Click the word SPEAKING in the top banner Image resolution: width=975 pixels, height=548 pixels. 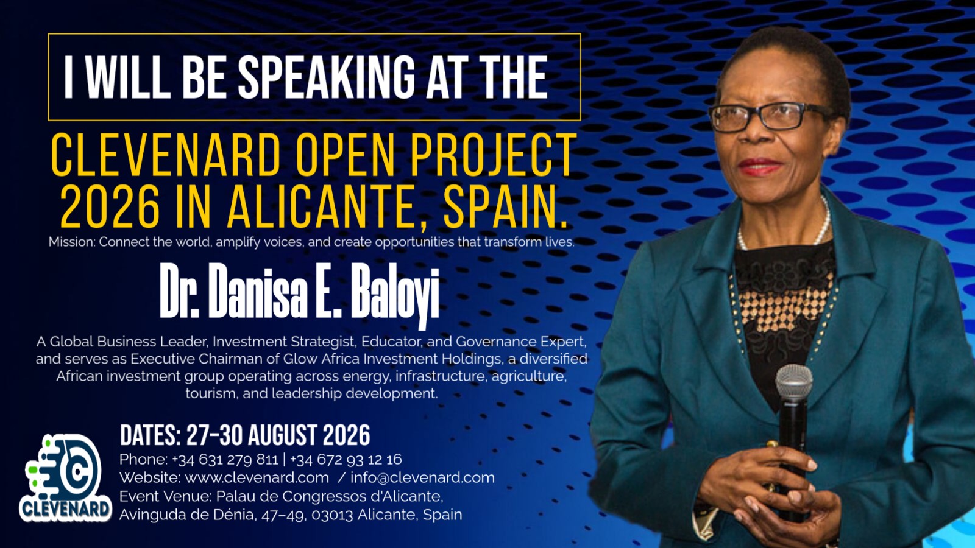tap(326, 77)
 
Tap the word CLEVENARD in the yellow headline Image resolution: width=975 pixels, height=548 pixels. tap(165, 155)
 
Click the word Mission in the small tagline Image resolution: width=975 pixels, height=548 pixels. tap(71, 242)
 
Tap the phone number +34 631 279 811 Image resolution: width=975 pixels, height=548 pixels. tap(225, 459)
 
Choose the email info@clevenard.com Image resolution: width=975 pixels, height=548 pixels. tap(422, 477)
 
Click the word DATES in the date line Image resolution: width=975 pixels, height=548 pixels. tap(149, 436)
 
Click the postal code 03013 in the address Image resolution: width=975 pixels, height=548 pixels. tap(332, 515)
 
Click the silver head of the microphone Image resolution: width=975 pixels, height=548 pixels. tap(793, 381)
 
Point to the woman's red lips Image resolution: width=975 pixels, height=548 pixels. tap(760, 166)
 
